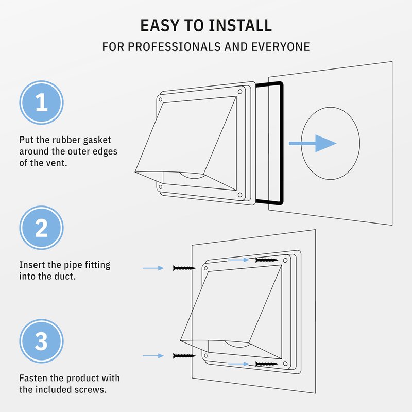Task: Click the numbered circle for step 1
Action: click(x=42, y=102)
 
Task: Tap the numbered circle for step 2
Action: click(x=42, y=228)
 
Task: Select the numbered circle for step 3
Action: click(x=42, y=341)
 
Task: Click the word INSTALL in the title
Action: click(x=240, y=25)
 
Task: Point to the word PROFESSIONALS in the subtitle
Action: click(x=174, y=47)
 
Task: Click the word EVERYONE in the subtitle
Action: click(x=281, y=47)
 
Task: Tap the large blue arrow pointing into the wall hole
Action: click(x=313, y=143)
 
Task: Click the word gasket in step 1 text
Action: click(x=97, y=140)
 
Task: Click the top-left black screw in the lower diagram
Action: click(x=184, y=268)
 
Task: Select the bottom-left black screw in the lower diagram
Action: click(x=184, y=356)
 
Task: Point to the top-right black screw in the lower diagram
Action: click(x=267, y=260)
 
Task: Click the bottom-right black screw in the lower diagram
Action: click(x=267, y=364)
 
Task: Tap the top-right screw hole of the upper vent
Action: click(x=240, y=92)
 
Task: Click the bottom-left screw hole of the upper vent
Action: click(x=160, y=187)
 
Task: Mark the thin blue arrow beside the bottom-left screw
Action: click(x=153, y=356)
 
